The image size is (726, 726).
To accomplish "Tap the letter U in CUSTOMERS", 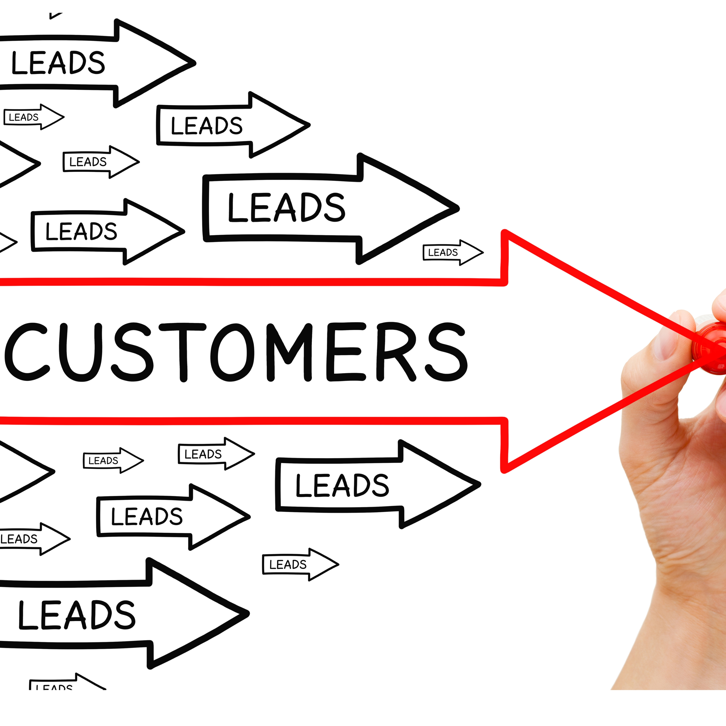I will [81, 351].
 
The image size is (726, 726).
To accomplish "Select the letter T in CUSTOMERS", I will [183, 351].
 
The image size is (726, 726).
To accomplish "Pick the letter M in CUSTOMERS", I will [289, 351].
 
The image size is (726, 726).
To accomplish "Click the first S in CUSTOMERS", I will [133, 351].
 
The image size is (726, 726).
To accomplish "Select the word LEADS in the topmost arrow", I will [58, 62].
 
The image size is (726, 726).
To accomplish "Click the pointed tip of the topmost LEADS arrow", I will [194, 63].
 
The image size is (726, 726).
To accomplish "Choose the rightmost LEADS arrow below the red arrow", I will [376, 485].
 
